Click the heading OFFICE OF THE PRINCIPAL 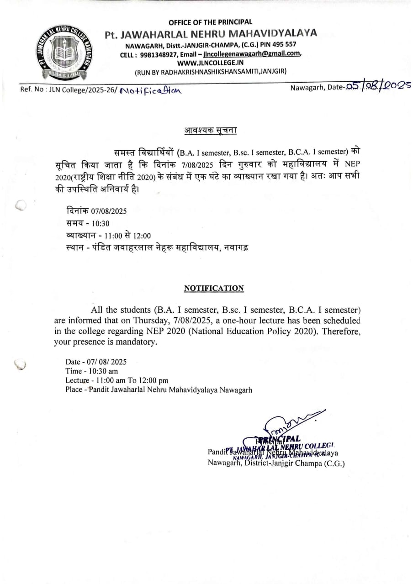pyautogui.click(x=210, y=22)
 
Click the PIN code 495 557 pyautogui.click(x=283, y=44)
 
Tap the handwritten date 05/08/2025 pyautogui.click(x=379, y=85)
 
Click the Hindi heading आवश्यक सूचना pyautogui.click(x=211, y=130)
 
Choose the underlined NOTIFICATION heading pyautogui.click(x=214, y=288)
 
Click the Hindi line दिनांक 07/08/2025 pyautogui.click(x=96, y=211)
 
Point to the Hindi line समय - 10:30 pyautogui.click(x=88, y=223)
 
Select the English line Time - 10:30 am pyautogui.click(x=91, y=371)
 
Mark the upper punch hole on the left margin pyautogui.click(x=21, y=206)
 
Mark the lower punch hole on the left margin pyautogui.click(x=21, y=364)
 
